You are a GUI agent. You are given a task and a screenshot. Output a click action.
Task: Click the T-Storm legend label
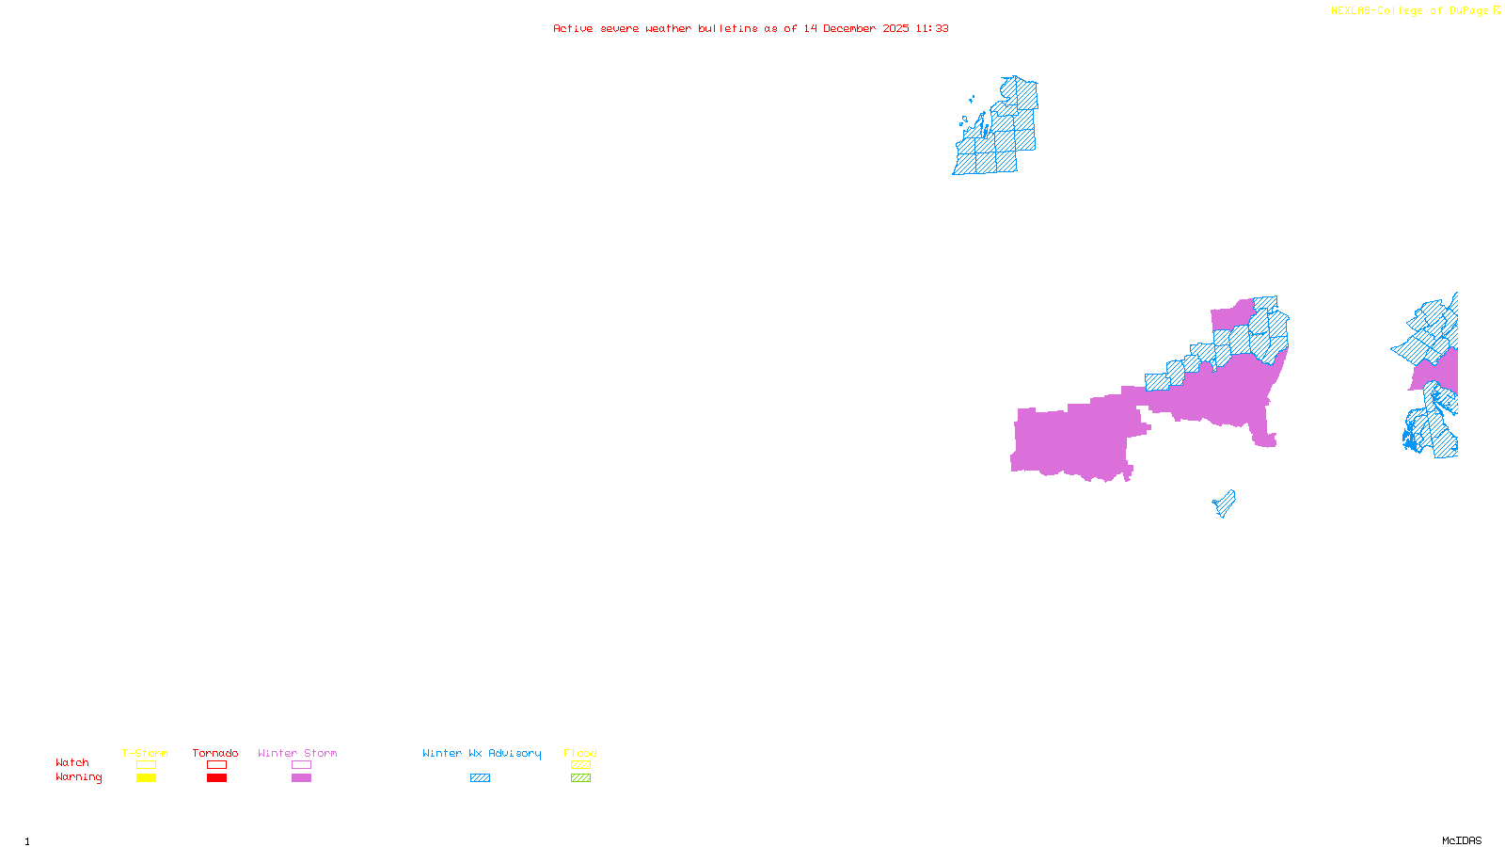(145, 753)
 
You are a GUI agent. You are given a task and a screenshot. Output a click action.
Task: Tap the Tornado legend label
(215, 753)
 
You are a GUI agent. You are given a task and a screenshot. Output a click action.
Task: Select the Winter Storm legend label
(297, 753)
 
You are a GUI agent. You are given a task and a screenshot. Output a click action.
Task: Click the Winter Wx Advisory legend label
(482, 753)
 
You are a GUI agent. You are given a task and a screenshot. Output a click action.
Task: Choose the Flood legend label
(580, 753)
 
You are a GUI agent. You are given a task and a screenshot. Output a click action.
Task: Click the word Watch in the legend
(72, 762)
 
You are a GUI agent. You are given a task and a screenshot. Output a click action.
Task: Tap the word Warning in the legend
(78, 777)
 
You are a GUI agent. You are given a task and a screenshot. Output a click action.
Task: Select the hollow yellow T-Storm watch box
(146, 765)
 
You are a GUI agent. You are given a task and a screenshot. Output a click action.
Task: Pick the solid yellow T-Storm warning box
(146, 778)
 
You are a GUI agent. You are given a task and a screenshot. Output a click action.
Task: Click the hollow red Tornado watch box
(216, 765)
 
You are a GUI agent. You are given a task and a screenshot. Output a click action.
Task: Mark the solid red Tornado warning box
(216, 778)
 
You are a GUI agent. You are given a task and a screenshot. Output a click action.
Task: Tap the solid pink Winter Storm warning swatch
(301, 778)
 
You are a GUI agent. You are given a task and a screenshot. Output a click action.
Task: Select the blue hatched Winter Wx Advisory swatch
(480, 778)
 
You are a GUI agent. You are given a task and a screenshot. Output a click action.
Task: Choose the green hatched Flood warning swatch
(580, 778)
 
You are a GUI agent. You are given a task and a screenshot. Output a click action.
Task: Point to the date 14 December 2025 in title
(856, 28)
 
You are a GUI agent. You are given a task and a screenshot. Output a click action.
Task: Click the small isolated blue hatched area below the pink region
(1225, 504)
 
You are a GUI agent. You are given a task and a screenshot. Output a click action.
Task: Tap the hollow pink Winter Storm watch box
(301, 765)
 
